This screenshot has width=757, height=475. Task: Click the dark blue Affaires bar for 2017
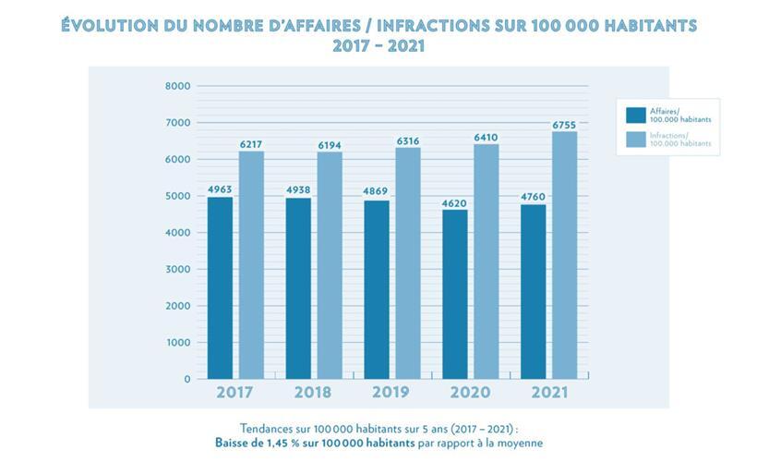point(221,287)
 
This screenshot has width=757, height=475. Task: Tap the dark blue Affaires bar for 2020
point(455,294)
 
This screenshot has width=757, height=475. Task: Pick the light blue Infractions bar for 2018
point(330,265)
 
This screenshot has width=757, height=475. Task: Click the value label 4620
point(455,201)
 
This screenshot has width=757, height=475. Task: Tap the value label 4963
point(220,189)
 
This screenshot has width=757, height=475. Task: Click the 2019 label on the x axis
point(391,392)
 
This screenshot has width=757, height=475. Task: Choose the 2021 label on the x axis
point(548,392)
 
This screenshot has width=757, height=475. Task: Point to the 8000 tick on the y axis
point(178,86)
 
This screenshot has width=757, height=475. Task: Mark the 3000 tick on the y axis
point(178,269)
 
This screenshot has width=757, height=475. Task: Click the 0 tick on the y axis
point(186,379)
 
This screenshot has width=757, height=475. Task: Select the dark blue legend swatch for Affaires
point(635,115)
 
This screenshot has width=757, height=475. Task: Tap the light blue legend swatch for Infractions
point(635,140)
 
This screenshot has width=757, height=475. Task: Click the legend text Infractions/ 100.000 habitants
point(679,140)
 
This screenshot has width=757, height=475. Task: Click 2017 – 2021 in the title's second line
point(378,46)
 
